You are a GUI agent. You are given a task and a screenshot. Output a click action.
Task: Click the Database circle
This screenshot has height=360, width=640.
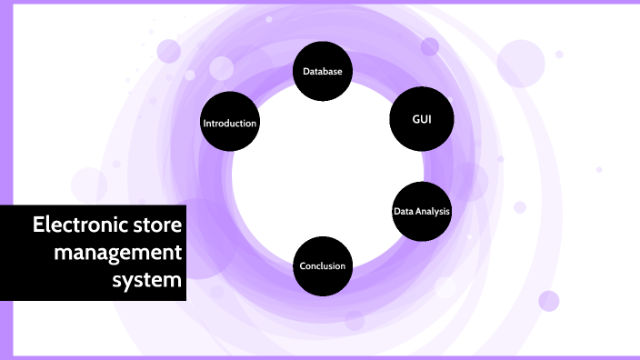click(x=322, y=70)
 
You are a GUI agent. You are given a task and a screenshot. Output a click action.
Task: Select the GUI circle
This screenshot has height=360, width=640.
click(x=421, y=120)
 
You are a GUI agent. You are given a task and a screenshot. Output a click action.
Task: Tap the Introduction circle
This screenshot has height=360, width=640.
click(x=230, y=123)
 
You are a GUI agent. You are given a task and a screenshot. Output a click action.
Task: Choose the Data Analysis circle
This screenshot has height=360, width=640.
click(x=421, y=211)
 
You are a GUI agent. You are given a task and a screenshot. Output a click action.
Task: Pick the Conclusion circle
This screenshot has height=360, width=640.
click(x=323, y=265)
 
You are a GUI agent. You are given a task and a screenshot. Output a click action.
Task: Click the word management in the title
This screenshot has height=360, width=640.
click(x=118, y=252)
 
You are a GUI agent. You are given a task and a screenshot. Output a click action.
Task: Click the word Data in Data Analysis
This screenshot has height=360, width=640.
click(x=404, y=212)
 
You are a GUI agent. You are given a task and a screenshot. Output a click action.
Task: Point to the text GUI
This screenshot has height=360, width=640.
click(x=422, y=120)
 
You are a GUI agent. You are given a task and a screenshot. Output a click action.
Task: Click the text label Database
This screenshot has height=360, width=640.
click(x=322, y=71)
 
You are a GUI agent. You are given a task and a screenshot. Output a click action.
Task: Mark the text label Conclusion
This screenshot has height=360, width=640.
click(x=323, y=266)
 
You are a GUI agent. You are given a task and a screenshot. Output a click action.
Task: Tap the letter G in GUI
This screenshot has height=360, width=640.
click(x=415, y=120)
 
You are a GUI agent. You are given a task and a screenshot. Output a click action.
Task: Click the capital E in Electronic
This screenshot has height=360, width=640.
click(x=38, y=224)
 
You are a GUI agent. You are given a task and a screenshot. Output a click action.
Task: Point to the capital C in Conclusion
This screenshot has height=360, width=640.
click(x=304, y=266)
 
